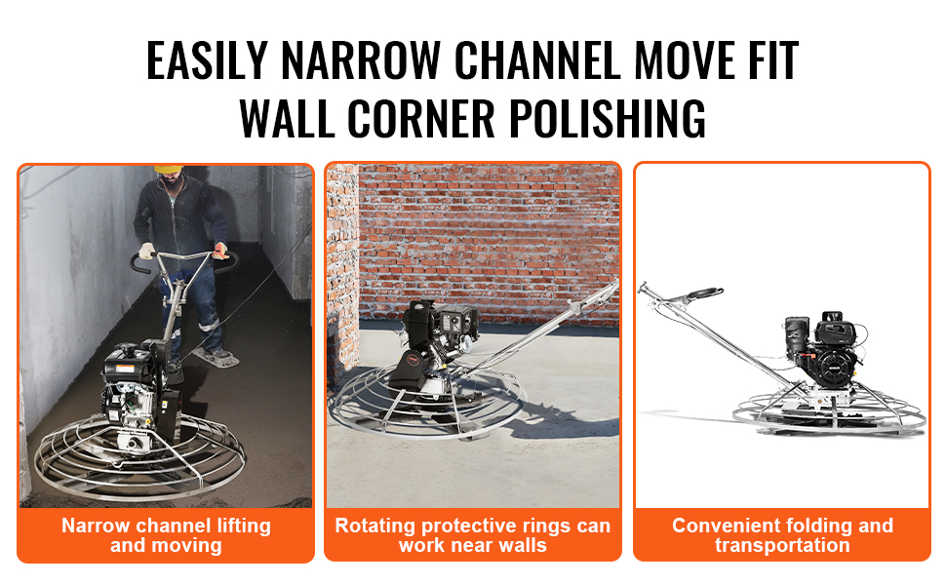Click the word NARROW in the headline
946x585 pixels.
click(360, 60)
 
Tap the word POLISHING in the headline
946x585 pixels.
click(608, 118)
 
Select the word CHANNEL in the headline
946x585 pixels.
click(537, 60)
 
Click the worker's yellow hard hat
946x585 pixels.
click(169, 170)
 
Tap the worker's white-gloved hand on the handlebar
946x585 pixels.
click(146, 251)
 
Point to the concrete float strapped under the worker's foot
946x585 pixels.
click(217, 358)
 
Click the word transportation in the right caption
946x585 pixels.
click(782, 545)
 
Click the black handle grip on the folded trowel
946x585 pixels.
click(705, 293)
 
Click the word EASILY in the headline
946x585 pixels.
click(207, 60)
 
